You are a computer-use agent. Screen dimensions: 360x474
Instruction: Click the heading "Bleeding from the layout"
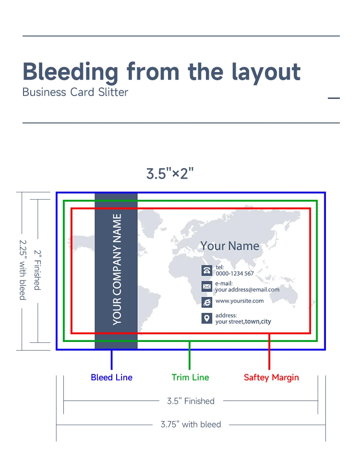[161, 72]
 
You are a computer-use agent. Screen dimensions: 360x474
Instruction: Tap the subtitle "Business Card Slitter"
[75, 92]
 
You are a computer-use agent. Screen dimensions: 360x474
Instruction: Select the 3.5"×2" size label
[170, 173]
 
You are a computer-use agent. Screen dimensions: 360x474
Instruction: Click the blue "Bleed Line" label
[111, 377]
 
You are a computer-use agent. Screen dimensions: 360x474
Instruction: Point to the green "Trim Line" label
[190, 377]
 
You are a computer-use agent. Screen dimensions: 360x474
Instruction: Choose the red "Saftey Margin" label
[271, 377]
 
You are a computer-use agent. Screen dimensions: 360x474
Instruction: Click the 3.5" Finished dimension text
[191, 401]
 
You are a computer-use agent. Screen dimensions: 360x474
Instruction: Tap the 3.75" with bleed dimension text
[191, 425]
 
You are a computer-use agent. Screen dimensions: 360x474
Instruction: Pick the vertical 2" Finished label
[37, 270]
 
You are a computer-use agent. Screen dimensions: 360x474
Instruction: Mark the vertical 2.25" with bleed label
[23, 270]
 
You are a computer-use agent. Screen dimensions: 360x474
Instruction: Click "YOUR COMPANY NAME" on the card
[117, 269]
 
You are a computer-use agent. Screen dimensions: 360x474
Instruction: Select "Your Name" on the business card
[230, 246]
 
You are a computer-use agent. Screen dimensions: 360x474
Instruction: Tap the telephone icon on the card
[207, 270]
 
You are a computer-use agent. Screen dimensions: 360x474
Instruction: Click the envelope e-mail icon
[207, 287]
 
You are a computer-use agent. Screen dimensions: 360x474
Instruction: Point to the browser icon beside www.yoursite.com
[207, 302]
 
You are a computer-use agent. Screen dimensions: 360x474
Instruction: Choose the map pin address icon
[207, 318]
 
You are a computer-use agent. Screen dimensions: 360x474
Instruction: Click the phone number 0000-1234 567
[235, 274]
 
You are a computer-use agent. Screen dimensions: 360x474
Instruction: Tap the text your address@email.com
[247, 290]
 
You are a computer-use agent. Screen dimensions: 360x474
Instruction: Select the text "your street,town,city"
[243, 322]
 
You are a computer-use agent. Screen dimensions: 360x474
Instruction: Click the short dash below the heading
[334, 98]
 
